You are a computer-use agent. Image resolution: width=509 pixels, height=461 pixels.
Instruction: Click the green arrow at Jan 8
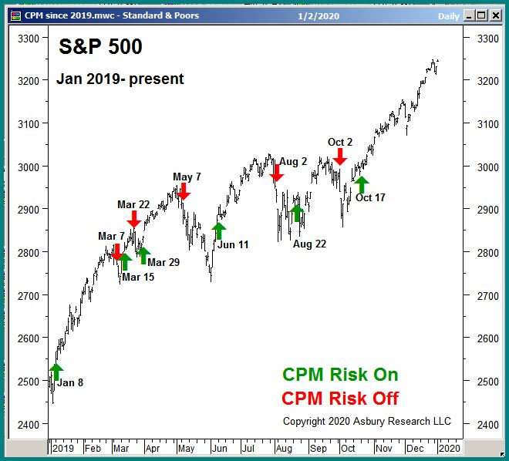click(x=56, y=372)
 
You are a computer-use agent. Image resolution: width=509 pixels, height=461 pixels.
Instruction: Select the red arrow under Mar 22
click(x=133, y=220)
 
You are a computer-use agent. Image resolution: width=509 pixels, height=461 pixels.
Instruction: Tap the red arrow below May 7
click(x=183, y=191)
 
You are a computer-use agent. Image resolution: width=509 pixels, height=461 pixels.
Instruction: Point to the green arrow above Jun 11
click(x=219, y=230)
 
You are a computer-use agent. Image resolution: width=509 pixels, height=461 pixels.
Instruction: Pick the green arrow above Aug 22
click(x=297, y=213)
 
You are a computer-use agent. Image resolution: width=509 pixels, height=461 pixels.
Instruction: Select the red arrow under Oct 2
click(x=340, y=156)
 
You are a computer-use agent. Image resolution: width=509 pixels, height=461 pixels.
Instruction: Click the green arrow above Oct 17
click(x=361, y=185)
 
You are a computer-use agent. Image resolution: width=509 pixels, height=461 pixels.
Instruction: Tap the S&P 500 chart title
click(x=101, y=47)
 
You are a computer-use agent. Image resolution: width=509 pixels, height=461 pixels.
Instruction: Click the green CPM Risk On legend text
click(x=340, y=375)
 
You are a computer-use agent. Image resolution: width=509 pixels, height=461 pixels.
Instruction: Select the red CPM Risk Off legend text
click(x=340, y=398)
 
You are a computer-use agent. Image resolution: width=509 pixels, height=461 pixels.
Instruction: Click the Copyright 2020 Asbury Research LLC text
click(x=367, y=421)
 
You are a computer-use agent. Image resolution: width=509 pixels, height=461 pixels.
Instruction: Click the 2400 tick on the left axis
click(x=28, y=424)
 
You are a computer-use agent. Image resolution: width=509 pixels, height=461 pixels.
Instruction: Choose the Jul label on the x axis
click(x=248, y=447)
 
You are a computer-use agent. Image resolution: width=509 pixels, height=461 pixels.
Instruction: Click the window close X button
click(x=495, y=14)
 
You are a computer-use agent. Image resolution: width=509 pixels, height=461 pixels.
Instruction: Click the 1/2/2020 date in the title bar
click(x=319, y=15)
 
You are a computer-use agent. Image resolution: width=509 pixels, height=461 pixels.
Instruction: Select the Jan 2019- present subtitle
click(x=120, y=79)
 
